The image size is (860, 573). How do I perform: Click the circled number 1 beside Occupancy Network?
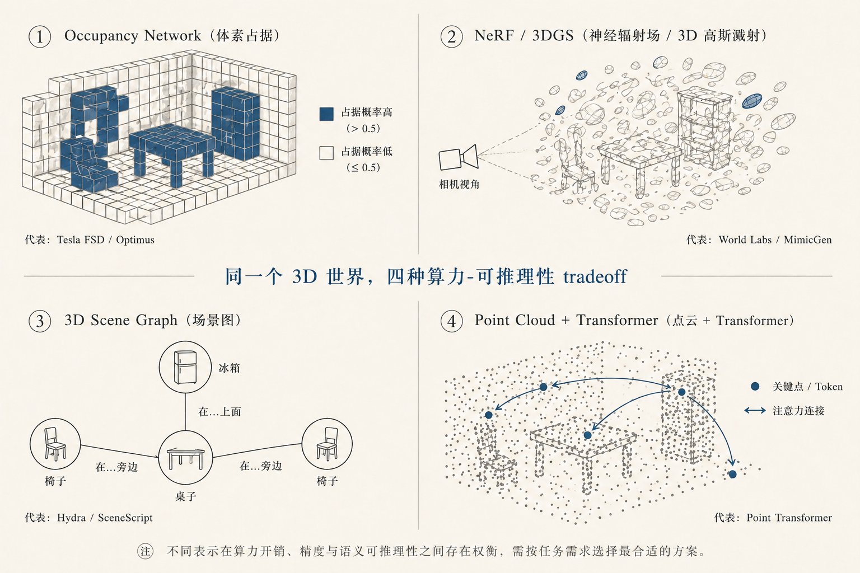pos(40,37)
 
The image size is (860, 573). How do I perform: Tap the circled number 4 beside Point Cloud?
pos(451,321)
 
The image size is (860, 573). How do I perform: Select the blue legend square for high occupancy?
pos(326,114)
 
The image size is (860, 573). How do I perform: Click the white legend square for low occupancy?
pos(326,153)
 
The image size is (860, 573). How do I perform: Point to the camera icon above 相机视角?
pos(459,157)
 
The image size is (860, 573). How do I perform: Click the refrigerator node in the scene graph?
pos(185,367)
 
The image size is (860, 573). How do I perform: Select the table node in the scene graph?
pos(185,457)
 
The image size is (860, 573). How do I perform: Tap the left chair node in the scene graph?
pos(55,444)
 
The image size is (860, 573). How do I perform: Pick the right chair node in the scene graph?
pos(327,444)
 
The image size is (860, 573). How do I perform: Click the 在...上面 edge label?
pos(219,412)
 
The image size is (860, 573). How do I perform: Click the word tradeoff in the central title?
pos(595,276)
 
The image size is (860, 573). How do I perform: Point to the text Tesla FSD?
pos(81,240)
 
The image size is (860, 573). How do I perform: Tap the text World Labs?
pos(745,240)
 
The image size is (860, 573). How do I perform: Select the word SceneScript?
pos(125,518)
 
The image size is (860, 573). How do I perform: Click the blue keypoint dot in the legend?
pos(755,386)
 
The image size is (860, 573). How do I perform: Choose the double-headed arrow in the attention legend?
pos(755,411)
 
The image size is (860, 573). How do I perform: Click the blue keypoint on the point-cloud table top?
pos(587,435)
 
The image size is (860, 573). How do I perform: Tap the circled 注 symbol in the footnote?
pos(145,552)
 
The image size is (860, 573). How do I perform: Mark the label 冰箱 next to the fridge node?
pos(229,368)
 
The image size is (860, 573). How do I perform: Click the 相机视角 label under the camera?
pos(459,185)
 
